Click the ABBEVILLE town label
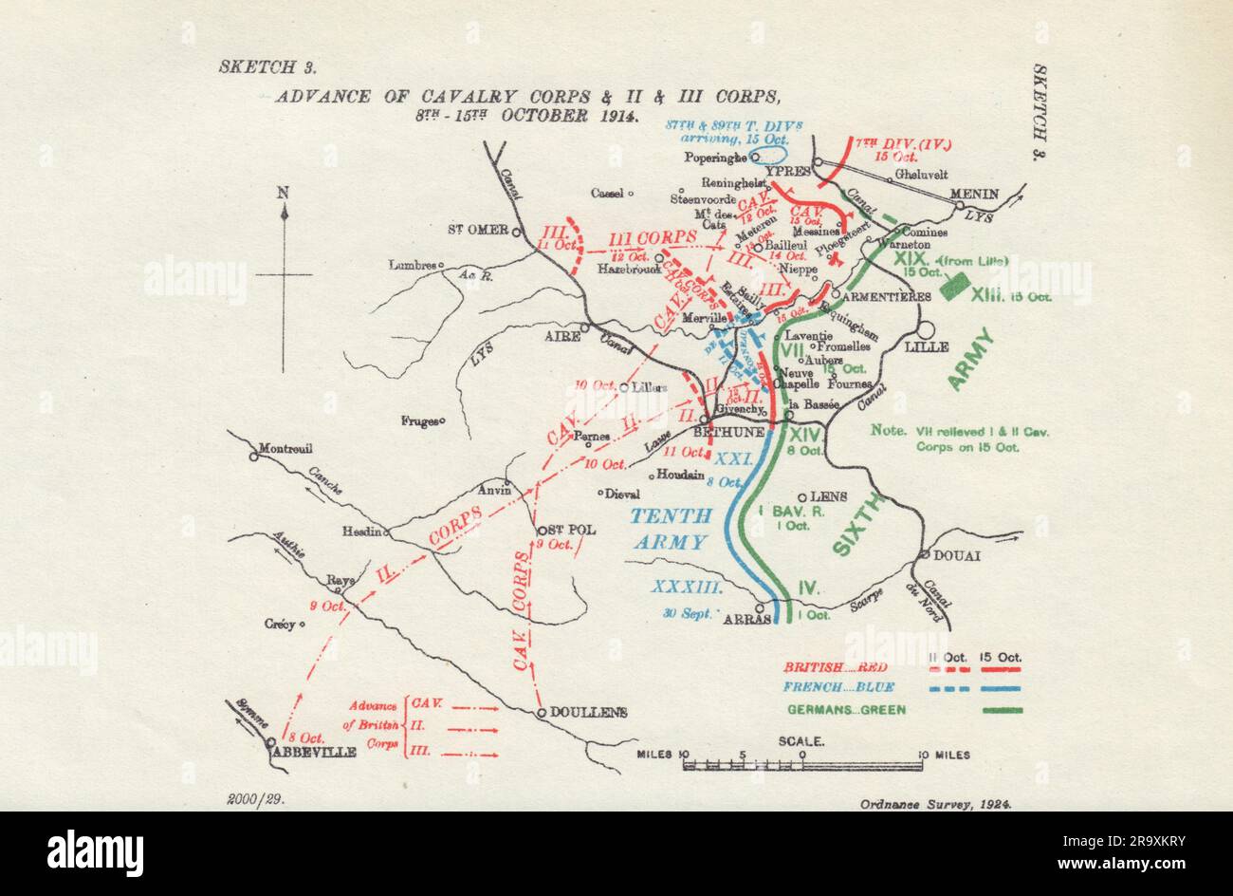tap(314, 751)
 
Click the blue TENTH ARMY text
tap(671, 529)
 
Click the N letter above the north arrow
tap(283, 193)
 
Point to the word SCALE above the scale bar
tap(801, 740)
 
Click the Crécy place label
tap(282, 625)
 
